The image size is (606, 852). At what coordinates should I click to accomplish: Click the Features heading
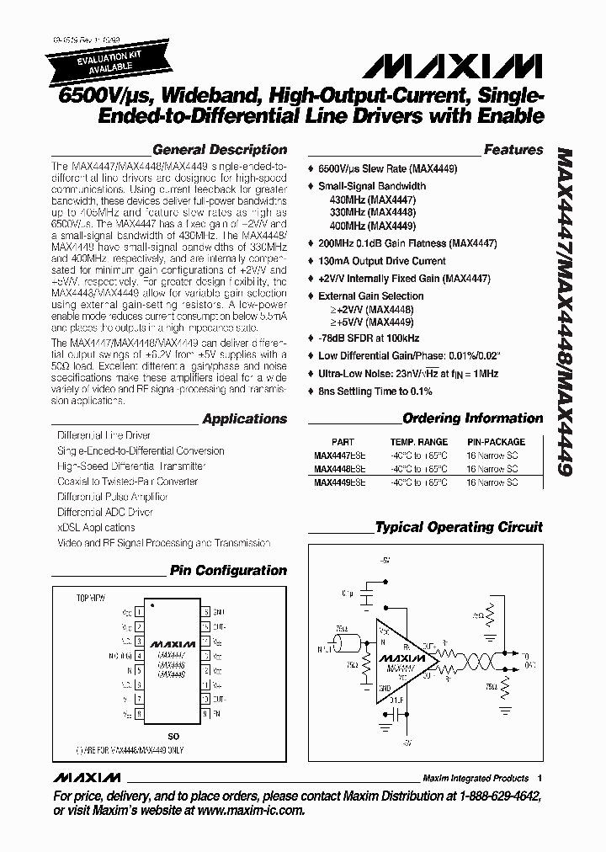click(513, 150)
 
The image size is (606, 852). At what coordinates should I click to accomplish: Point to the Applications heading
click(245, 418)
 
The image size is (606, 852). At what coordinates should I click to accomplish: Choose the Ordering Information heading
click(473, 418)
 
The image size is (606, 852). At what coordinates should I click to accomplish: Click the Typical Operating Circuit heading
click(459, 527)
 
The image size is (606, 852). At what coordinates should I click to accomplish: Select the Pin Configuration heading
click(228, 570)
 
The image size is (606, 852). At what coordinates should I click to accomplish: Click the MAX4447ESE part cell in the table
click(341, 456)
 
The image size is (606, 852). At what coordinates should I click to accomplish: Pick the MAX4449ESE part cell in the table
click(341, 483)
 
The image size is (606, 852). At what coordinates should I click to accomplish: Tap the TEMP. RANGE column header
click(418, 442)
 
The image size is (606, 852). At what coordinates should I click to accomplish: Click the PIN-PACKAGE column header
click(496, 442)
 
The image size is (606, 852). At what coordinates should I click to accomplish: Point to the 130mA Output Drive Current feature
click(381, 261)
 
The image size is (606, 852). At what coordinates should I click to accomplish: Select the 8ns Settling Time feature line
click(375, 391)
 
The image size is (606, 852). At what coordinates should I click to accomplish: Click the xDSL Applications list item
click(96, 528)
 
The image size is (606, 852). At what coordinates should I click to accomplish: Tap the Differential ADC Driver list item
click(105, 512)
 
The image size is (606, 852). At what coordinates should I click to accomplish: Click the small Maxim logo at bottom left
click(84, 777)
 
